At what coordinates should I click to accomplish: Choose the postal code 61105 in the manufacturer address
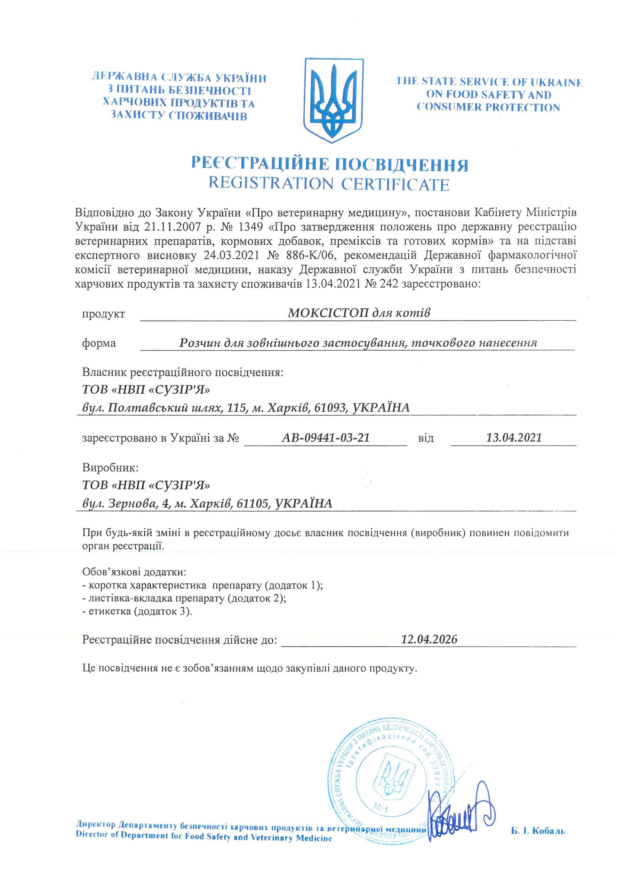coord(252,503)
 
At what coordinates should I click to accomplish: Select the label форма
coord(99,343)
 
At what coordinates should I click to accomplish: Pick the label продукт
coord(103,314)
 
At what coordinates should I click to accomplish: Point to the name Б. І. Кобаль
coord(538,831)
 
